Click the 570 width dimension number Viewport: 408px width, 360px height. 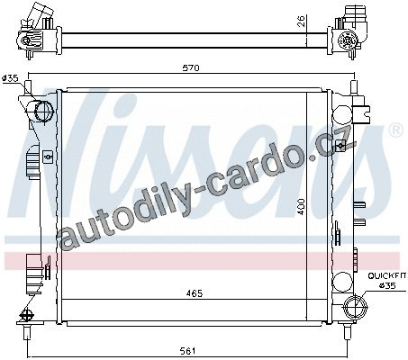tap(191, 68)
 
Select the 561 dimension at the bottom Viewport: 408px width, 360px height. tap(189, 350)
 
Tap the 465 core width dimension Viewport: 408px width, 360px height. tap(195, 293)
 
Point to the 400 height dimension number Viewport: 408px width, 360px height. tap(302, 206)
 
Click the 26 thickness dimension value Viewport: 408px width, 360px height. tap(302, 21)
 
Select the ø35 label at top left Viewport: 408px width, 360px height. tap(10, 78)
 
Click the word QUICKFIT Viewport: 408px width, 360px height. tap(387, 275)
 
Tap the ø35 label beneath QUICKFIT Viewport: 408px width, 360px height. tap(387, 286)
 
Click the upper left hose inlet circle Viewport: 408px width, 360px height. tap(44, 112)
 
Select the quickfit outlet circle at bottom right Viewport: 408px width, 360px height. tap(355, 307)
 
